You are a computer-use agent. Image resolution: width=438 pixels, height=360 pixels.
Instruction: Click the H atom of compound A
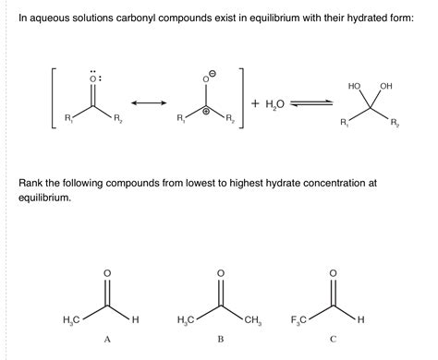point(135,320)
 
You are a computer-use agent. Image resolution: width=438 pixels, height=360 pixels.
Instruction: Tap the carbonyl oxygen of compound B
point(220,272)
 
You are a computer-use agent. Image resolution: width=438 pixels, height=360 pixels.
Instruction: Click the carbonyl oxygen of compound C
point(333,272)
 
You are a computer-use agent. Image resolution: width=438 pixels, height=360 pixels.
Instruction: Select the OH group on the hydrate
point(386,86)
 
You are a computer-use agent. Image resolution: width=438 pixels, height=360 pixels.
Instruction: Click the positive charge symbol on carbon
point(206,108)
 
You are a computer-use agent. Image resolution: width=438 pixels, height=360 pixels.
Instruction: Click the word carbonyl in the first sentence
point(151,19)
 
